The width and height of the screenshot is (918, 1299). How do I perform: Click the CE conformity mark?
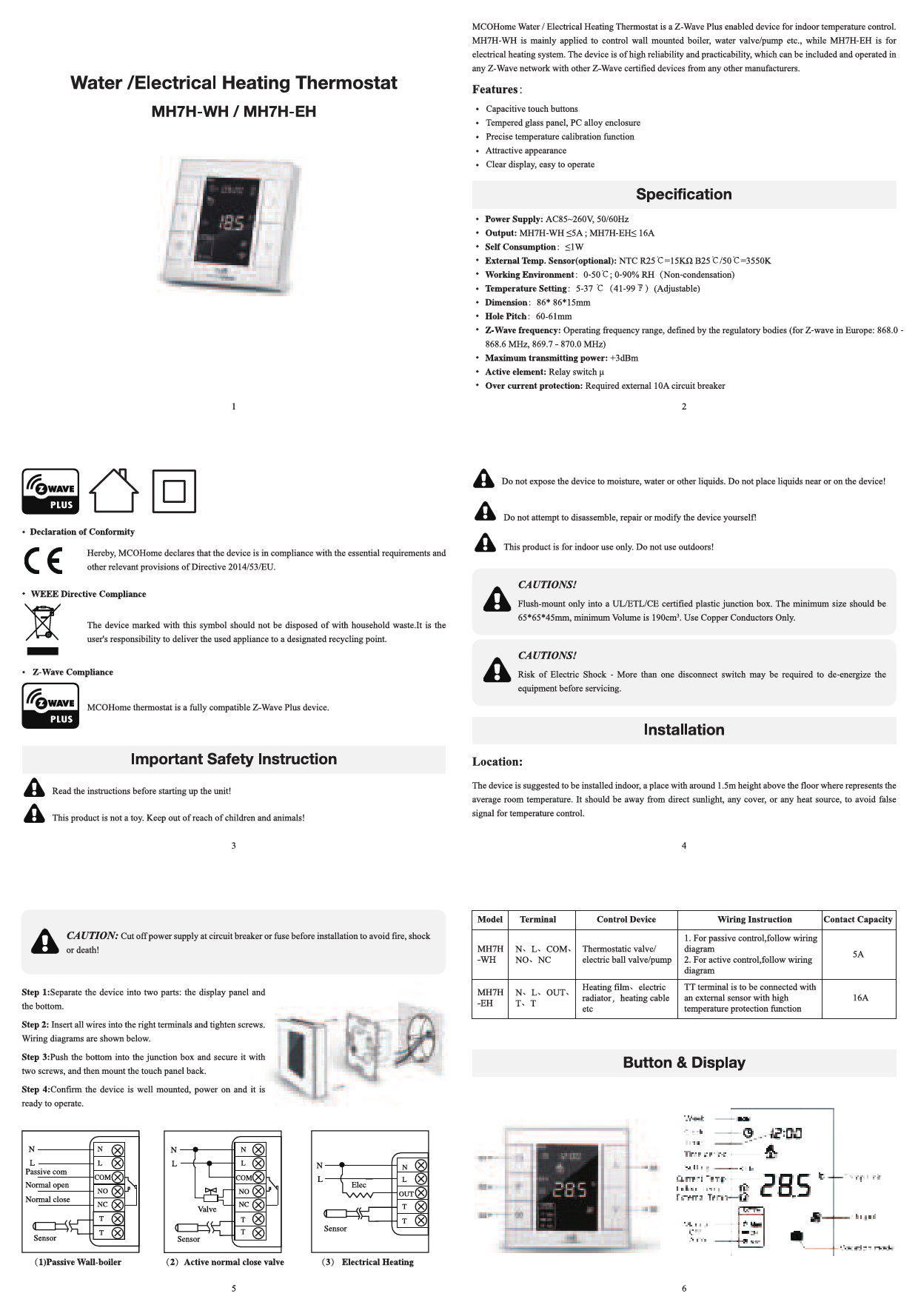43,561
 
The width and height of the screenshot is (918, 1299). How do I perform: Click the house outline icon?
113,490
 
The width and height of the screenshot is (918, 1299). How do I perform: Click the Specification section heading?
683,195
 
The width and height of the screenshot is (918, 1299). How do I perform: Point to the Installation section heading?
683,730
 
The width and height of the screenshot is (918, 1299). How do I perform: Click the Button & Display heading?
683,1063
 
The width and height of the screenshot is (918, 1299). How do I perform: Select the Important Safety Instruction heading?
233,759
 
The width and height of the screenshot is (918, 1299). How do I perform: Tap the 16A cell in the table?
860,998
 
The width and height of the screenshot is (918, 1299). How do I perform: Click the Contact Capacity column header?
857,920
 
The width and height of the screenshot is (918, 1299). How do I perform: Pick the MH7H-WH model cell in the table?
490,955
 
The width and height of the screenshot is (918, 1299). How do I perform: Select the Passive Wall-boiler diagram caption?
78,1262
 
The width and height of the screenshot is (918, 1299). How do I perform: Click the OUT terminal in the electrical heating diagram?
406,1194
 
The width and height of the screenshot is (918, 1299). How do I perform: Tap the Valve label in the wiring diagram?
207,1209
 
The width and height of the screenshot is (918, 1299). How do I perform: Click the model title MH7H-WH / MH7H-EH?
233,113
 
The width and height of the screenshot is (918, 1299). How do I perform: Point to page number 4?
683,846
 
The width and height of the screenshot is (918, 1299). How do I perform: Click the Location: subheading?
497,762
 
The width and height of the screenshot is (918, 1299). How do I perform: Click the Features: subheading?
497,90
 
